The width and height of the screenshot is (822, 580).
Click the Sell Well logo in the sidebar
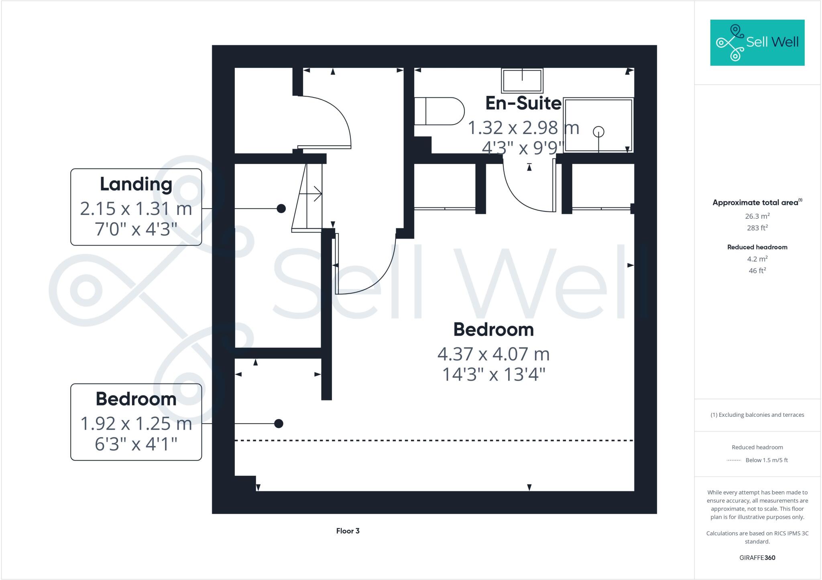click(x=757, y=43)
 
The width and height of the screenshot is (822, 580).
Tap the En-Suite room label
click(x=523, y=103)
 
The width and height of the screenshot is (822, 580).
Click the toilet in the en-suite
click(x=439, y=111)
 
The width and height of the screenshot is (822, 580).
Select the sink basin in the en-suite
click(x=522, y=80)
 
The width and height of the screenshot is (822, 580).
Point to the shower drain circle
click(x=598, y=132)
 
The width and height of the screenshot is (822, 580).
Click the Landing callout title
click(x=136, y=184)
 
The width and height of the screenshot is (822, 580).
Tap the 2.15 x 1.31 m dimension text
click(x=136, y=209)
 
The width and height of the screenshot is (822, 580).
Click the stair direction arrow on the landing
click(x=311, y=194)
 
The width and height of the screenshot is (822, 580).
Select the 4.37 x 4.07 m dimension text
click(x=493, y=354)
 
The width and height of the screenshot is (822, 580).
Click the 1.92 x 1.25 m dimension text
click(x=136, y=424)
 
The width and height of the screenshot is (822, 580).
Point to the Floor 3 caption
click(x=348, y=531)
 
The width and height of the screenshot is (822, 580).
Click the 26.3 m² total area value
click(x=757, y=216)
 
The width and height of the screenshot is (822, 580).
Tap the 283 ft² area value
click(x=757, y=228)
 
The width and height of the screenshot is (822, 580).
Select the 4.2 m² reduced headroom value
click(x=757, y=259)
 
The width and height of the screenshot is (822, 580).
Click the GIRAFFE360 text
click(x=757, y=558)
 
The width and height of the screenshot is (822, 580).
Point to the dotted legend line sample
click(x=734, y=460)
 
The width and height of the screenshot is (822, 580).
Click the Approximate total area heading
click(x=756, y=203)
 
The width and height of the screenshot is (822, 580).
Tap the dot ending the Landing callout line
click(x=281, y=209)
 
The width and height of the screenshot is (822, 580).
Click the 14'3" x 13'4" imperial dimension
click(x=493, y=375)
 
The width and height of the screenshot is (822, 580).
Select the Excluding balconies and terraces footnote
click(x=757, y=415)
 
